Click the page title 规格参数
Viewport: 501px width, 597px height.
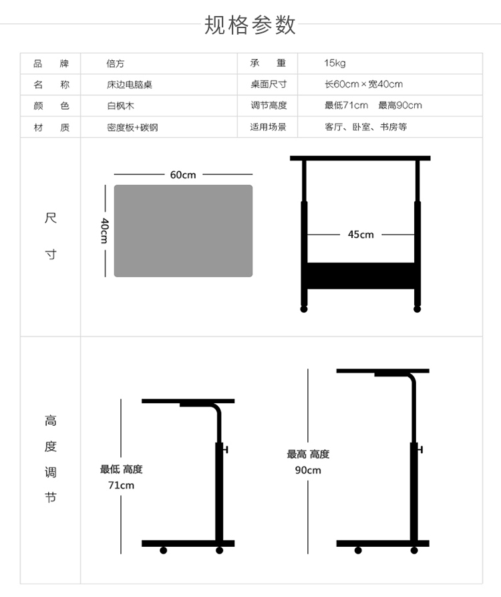(x=250, y=25)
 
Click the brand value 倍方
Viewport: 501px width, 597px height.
(x=116, y=64)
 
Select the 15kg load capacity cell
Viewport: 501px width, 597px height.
(x=335, y=64)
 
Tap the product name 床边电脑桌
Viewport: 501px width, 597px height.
(x=130, y=84)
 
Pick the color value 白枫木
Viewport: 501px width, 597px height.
(x=120, y=106)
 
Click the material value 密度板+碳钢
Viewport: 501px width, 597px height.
(x=132, y=127)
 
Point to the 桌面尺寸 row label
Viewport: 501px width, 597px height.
(x=269, y=84)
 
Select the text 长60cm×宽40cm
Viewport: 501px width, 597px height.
(x=363, y=84)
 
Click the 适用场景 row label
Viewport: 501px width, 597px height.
(x=268, y=127)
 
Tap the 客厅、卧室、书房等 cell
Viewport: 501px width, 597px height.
(x=366, y=127)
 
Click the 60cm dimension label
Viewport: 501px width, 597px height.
(x=183, y=174)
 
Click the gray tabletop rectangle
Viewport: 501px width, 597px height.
(x=183, y=231)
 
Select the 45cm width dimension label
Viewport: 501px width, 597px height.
(x=361, y=235)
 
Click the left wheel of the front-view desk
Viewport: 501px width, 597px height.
(x=303, y=309)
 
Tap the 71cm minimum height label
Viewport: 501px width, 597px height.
(x=121, y=485)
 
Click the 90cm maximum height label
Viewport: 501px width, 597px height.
(x=308, y=470)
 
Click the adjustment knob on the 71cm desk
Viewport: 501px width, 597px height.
(x=225, y=450)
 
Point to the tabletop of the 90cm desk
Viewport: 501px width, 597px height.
(x=383, y=371)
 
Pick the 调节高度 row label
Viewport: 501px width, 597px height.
(x=269, y=106)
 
